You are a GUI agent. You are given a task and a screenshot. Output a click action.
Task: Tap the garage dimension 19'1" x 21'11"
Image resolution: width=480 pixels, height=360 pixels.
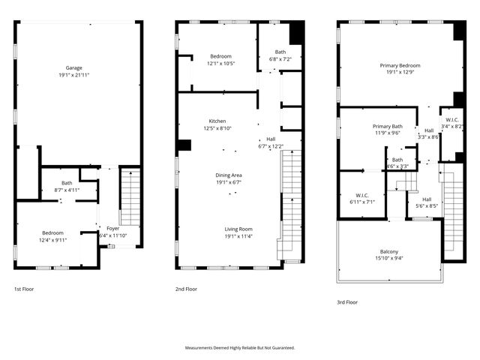73,76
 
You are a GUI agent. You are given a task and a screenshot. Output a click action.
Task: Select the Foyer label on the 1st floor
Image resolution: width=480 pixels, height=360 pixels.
112,229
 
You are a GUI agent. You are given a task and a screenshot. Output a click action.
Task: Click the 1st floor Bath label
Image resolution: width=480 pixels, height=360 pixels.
67,183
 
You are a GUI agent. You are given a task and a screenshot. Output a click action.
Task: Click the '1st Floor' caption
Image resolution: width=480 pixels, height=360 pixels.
23,289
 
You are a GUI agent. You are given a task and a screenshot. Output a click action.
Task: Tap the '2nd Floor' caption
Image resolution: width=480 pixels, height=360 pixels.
186,289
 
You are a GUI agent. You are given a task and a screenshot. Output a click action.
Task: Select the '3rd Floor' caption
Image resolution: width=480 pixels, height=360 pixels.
347,302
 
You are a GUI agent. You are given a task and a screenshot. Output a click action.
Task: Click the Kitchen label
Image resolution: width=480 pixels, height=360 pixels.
217,121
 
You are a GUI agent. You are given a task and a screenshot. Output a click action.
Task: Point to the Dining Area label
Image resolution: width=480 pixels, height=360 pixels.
229,175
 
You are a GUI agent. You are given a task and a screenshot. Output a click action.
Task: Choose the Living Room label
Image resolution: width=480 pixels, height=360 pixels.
238,229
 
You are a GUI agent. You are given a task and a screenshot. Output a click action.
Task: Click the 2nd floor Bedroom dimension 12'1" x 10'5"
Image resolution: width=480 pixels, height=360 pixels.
220,63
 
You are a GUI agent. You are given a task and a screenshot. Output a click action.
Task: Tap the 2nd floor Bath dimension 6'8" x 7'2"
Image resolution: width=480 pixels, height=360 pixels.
280,58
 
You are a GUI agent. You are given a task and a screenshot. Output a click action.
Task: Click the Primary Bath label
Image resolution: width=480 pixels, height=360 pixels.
388,126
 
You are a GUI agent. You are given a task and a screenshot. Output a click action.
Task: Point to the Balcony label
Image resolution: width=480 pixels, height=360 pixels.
388,251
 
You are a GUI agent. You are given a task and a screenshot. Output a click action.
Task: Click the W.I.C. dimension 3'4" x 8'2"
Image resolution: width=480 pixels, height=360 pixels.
452,127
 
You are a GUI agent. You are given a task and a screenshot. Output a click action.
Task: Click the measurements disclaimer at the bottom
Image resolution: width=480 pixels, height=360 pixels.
240,348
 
